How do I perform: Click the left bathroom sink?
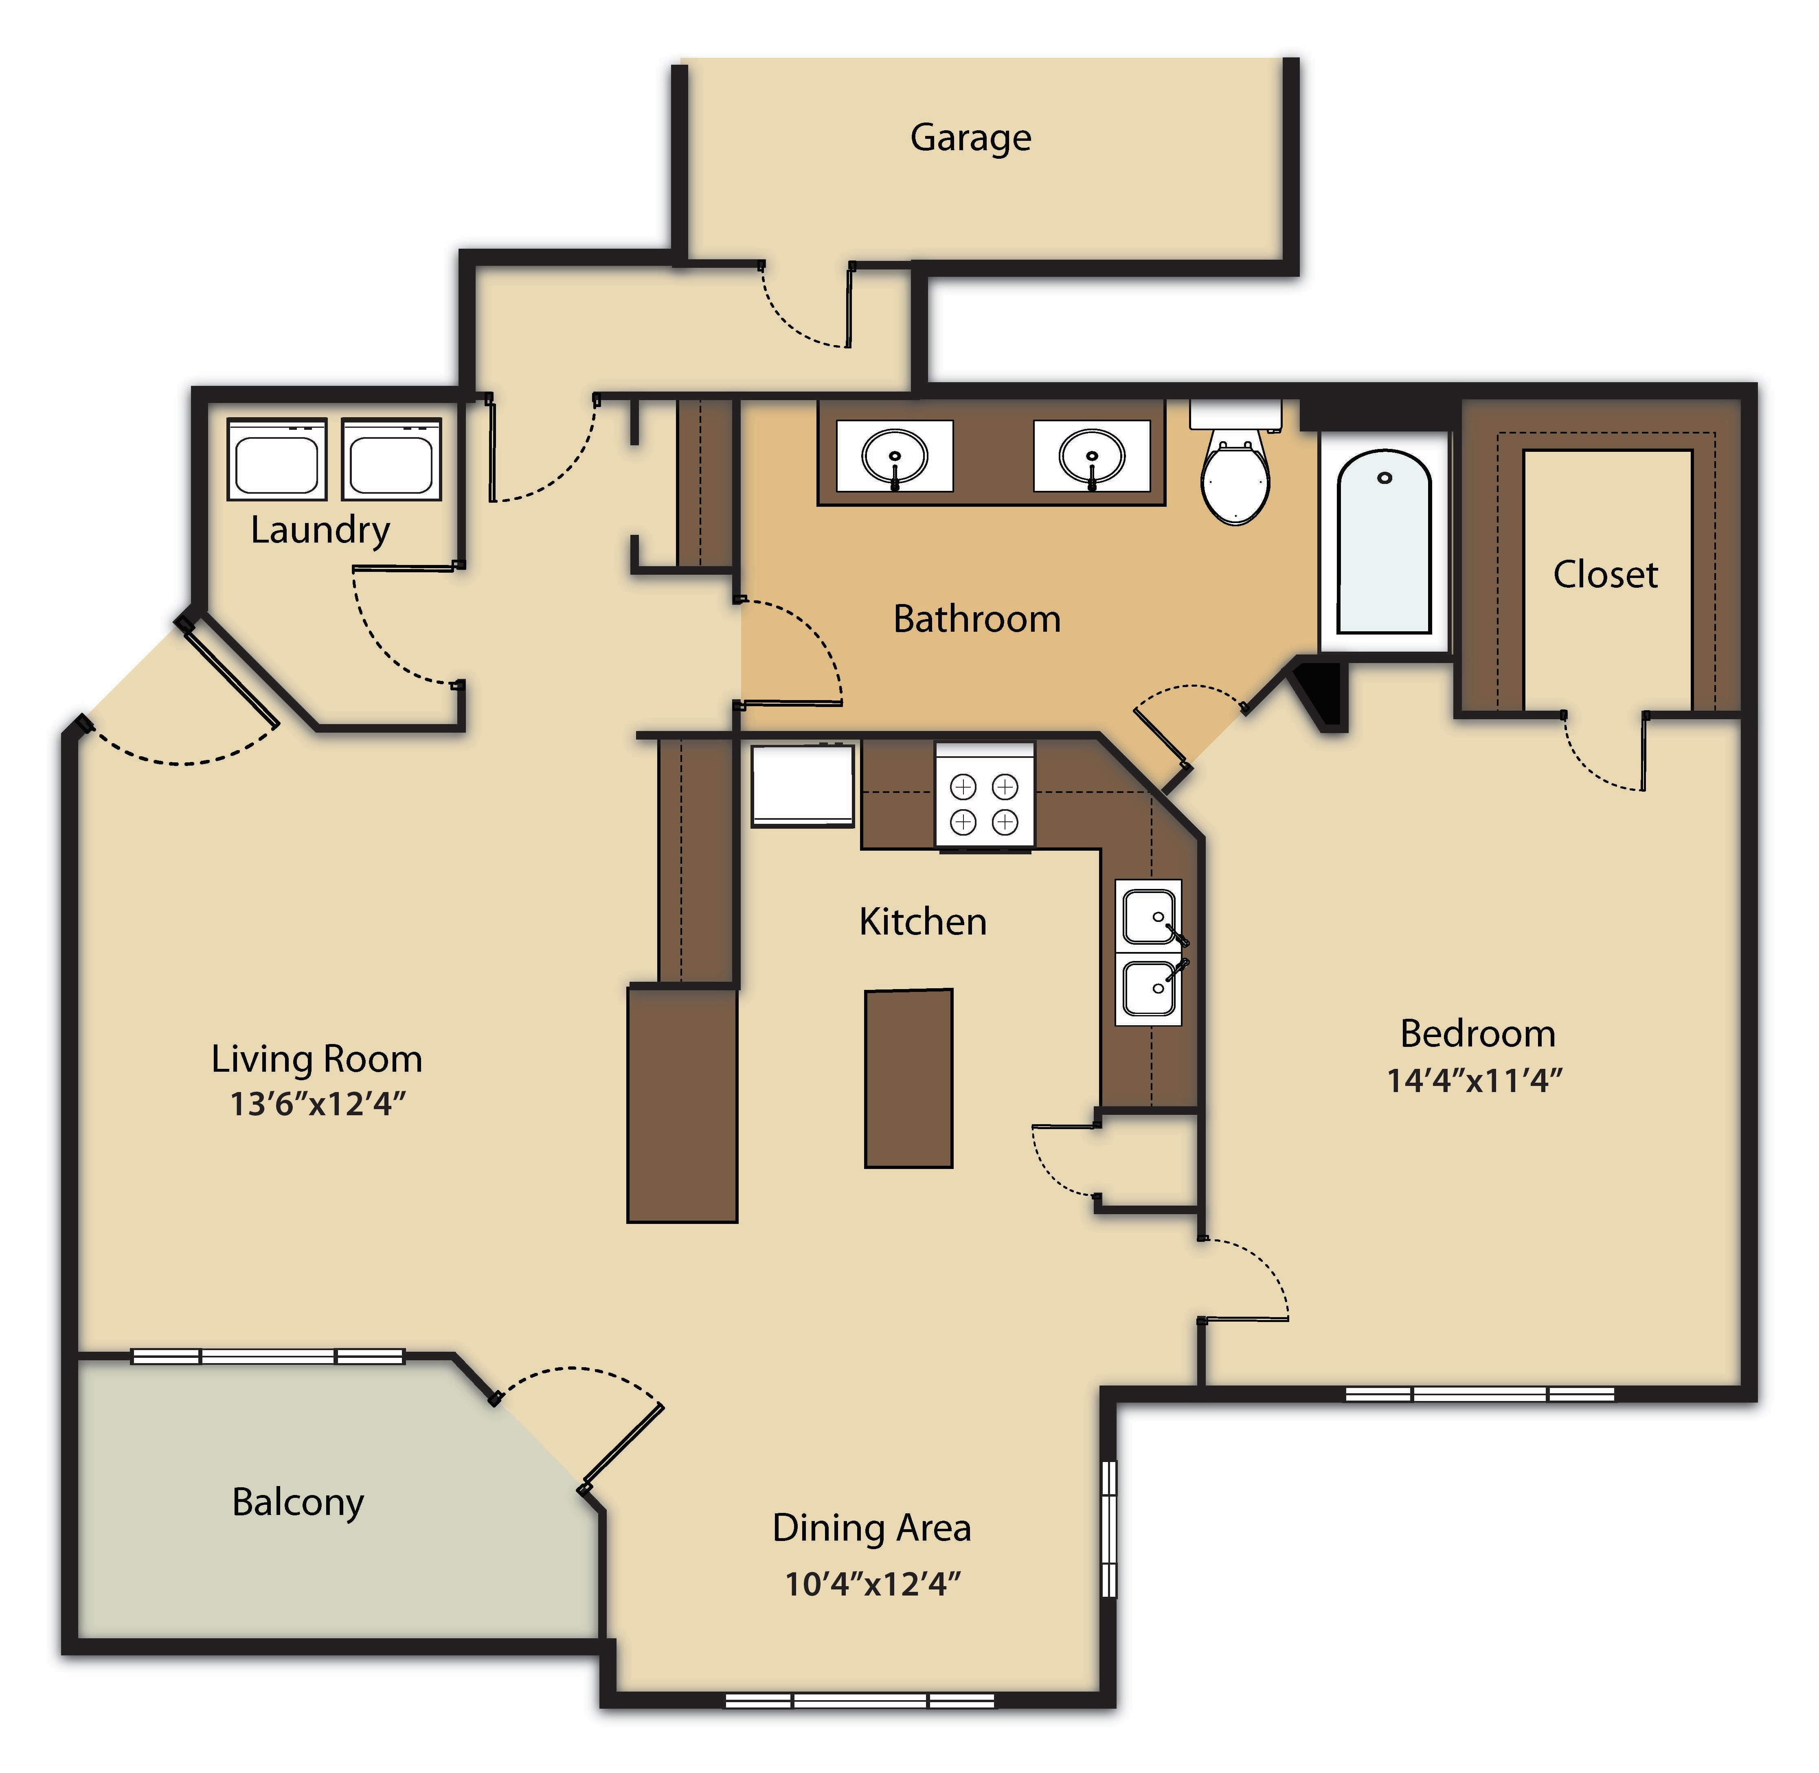(894, 456)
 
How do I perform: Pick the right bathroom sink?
(1092, 456)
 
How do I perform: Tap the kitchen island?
(909, 1078)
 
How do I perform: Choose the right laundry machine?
(391, 458)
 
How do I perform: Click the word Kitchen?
(922, 922)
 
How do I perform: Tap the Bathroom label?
(977, 619)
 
